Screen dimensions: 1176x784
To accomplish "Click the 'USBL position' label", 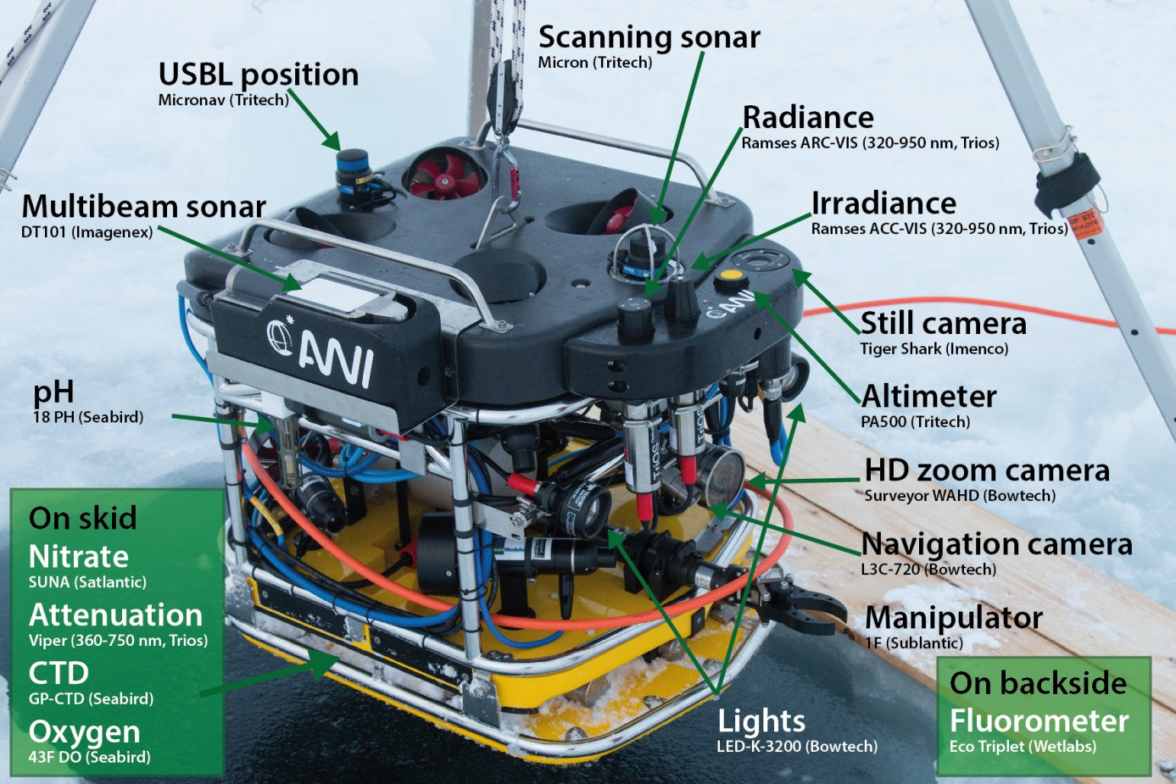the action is pyautogui.click(x=259, y=75).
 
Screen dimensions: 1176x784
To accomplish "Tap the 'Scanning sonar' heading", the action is pyautogui.click(x=649, y=38).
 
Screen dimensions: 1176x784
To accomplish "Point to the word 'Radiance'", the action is pyautogui.click(x=808, y=118).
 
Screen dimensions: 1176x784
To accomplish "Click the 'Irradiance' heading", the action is pyautogui.click(x=883, y=203).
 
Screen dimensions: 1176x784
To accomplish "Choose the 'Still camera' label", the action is pyautogui.click(x=944, y=323).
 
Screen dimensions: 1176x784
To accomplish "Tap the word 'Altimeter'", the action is pyautogui.click(x=928, y=396).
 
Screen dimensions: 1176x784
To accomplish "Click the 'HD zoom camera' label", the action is pyautogui.click(x=987, y=470).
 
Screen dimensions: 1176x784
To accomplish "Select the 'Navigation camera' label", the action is pyautogui.click(x=996, y=544).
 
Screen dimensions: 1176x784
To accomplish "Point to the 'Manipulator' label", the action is pyautogui.click(x=953, y=618).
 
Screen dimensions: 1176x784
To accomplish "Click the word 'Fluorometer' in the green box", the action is pyautogui.click(x=1039, y=721).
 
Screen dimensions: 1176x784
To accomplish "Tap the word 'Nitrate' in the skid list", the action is pyautogui.click(x=79, y=556).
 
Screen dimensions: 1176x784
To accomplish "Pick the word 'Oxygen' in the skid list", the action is pyautogui.click(x=85, y=732).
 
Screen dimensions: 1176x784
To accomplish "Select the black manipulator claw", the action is pyautogui.click(x=800, y=603).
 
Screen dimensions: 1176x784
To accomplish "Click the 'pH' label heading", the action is pyautogui.click(x=53, y=392).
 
